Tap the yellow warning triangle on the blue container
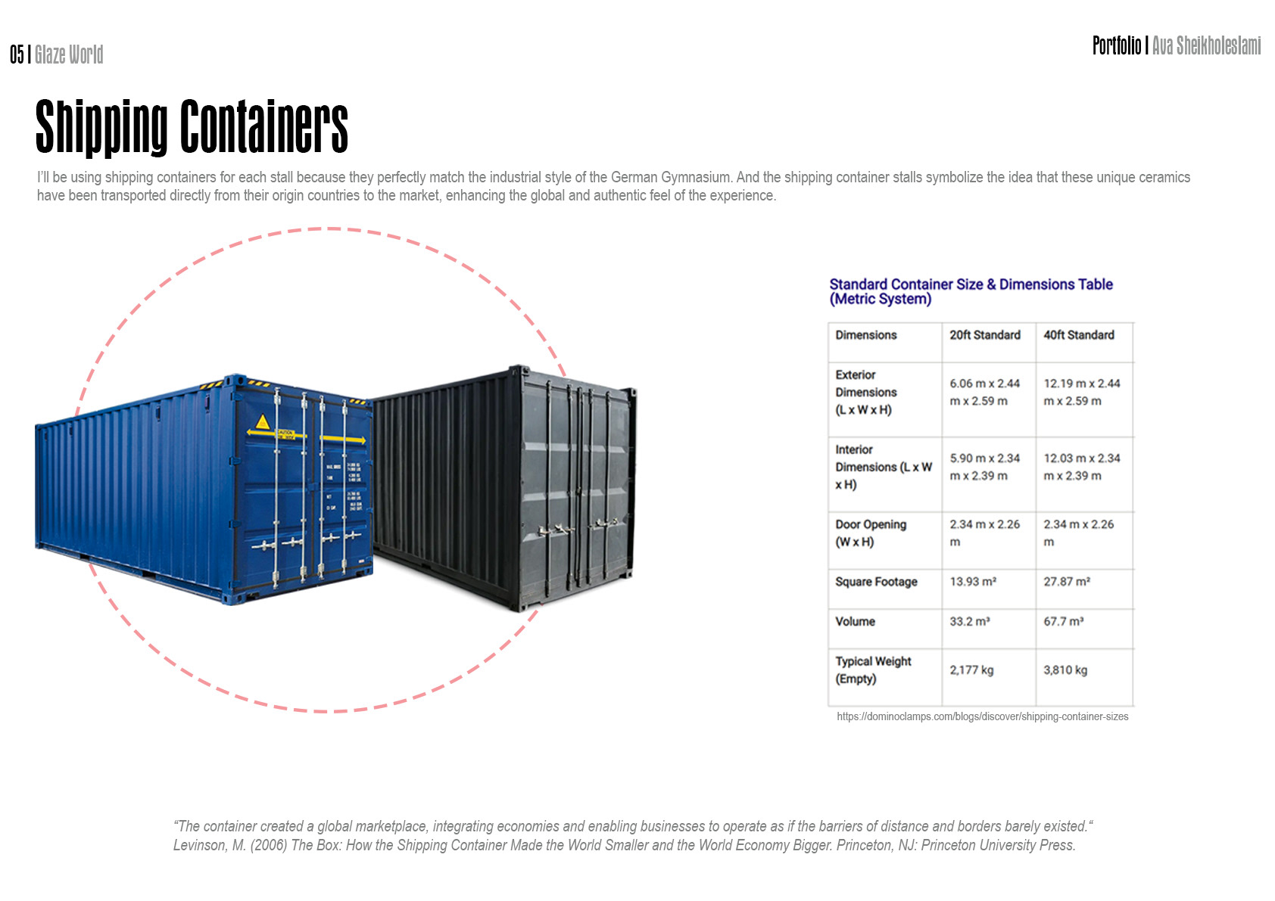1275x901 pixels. (x=263, y=422)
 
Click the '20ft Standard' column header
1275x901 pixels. (x=985, y=335)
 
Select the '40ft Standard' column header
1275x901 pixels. (x=1079, y=335)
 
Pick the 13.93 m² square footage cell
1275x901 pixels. (x=973, y=582)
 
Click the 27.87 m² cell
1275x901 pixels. (x=1067, y=582)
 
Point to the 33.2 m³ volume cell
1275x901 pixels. (x=970, y=622)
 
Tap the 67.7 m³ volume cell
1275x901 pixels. (x=1064, y=622)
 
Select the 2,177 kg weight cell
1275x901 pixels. (x=971, y=670)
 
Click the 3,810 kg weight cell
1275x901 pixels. (x=1065, y=670)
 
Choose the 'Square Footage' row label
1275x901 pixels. (x=876, y=582)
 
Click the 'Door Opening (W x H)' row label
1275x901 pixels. (x=871, y=533)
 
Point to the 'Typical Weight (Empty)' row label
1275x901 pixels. (x=873, y=670)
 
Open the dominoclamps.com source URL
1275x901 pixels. (x=982, y=716)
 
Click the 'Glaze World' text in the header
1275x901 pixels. (x=69, y=54)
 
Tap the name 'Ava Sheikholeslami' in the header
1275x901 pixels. (x=1206, y=46)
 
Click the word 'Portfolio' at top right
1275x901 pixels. (x=1116, y=46)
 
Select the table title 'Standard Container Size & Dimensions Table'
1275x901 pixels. (x=971, y=285)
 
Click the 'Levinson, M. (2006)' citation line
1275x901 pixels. (x=624, y=845)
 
